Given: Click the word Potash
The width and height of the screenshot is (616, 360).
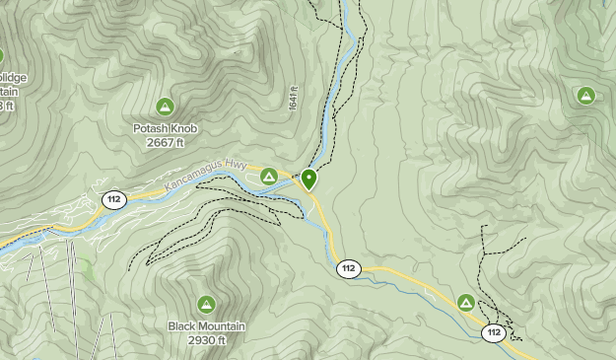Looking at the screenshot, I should [152, 127].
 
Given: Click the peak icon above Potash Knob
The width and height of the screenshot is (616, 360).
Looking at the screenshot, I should [165, 106].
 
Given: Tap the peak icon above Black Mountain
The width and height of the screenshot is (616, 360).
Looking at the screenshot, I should [206, 304].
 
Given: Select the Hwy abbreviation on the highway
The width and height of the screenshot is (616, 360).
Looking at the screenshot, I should [234, 165].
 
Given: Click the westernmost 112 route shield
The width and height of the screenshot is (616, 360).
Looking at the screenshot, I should [114, 200].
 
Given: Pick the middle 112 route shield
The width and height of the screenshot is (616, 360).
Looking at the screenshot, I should [348, 268].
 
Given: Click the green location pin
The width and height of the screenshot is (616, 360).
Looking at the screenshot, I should [309, 180].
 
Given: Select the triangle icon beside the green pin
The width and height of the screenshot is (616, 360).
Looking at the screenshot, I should [269, 177].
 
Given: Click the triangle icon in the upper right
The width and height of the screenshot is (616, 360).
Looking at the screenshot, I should [586, 96].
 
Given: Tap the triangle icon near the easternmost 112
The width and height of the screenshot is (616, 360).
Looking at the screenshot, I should [466, 302].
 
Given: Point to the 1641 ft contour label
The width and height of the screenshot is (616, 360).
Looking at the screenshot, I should [294, 97].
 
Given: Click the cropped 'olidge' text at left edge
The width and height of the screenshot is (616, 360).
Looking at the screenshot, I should [14, 78].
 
